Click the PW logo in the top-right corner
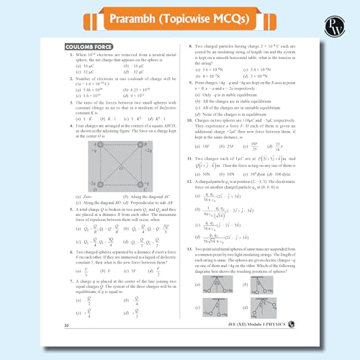coord(340,21)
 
